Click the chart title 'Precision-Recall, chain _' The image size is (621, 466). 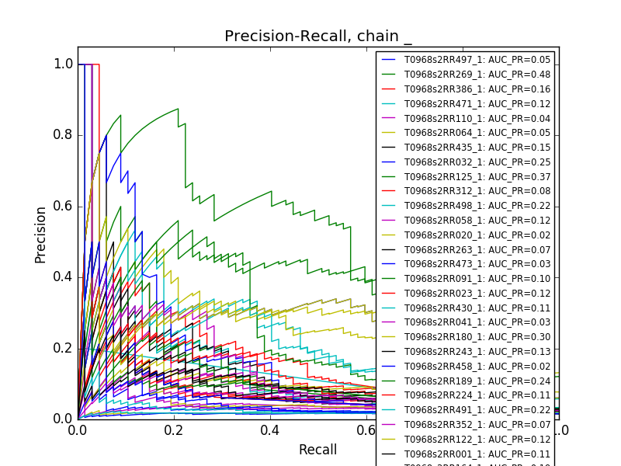click(317, 37)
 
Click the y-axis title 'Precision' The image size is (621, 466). click(40, 235)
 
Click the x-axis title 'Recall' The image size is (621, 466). click(317, 450)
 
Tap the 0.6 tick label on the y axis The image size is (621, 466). click(64, 206)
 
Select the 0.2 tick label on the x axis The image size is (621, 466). click(174, 429)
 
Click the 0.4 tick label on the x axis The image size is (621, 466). click(270, 429)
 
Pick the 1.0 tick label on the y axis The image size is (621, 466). click(64, 64)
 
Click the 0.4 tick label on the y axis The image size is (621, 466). click(64, 277)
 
